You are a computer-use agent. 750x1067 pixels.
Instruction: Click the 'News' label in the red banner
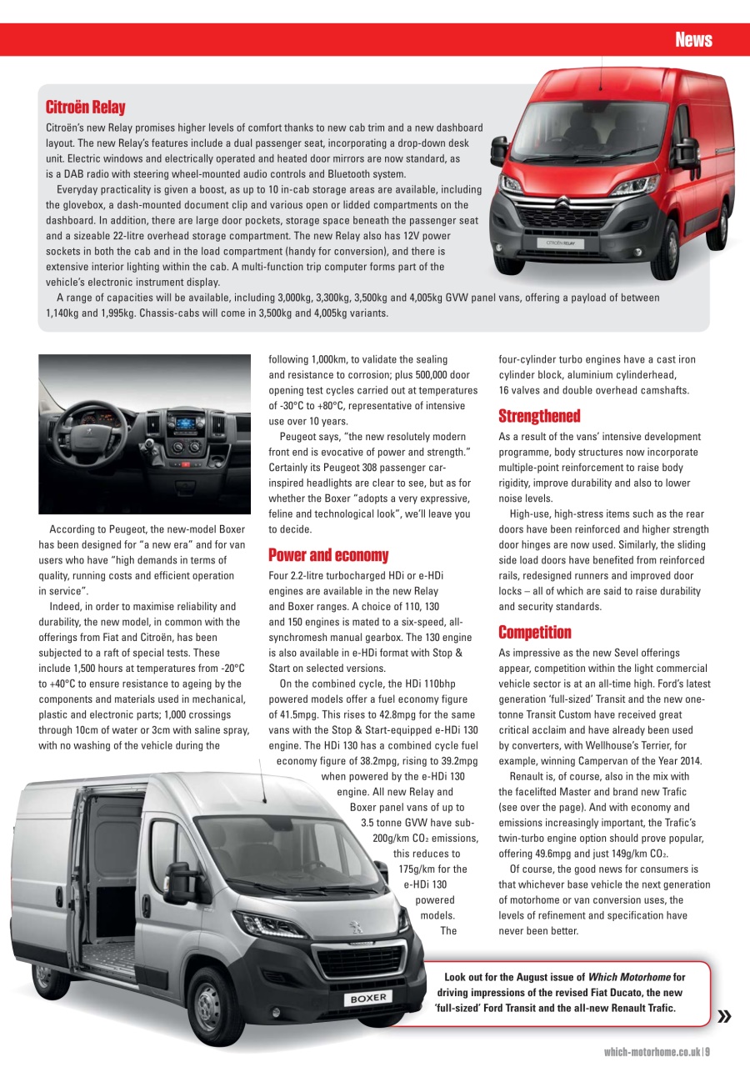[693, 40]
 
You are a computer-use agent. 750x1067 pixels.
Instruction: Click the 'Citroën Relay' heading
[85, 108]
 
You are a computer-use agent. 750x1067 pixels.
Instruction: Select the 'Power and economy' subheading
[328, 555]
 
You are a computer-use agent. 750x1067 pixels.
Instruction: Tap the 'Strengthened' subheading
[539, 416]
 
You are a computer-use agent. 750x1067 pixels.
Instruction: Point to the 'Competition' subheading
[535, 633]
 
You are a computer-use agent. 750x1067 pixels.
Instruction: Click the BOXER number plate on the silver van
[367, 998]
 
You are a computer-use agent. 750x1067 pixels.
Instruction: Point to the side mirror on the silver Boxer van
[177, 884]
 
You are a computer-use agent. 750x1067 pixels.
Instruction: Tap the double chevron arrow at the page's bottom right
[724, 1015]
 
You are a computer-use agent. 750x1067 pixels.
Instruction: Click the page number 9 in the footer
[707, 1053]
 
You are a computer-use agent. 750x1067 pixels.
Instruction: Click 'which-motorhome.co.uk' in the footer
[652, 1053]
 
